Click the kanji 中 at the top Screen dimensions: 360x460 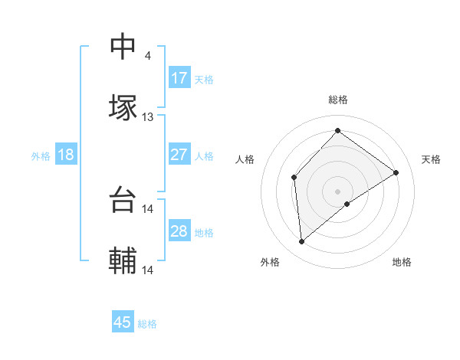[123, 47]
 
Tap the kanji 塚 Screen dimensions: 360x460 [123, 108]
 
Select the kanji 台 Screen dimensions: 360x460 [123, 200]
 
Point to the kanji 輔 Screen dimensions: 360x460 [123, 261]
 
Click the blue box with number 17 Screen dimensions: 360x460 [179, 78]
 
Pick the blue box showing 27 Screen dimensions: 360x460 [179, 155]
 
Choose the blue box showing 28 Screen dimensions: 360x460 [179, 231]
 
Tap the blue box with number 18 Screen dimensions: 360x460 [66, 155]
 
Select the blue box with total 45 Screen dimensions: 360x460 [123, 322]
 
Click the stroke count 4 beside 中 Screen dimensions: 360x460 [148, 56]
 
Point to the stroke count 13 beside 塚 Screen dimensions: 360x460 [148, 117]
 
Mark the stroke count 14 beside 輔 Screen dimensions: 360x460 [148, 270]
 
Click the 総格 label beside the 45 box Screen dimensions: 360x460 [147, 324]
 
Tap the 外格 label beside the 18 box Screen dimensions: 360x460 [41, 155]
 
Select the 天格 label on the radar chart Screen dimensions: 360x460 [432, 159]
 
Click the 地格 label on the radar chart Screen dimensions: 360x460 [402, 263]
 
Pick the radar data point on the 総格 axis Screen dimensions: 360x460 [337, 130]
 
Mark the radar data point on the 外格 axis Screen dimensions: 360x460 [302, 242]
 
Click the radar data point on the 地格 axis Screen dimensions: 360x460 [347, 204]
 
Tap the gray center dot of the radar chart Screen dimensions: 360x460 [337, 191]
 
